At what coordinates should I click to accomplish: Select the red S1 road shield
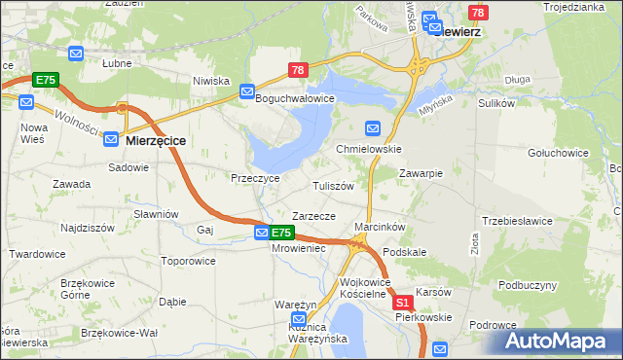404,304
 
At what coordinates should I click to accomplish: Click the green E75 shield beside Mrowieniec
280,234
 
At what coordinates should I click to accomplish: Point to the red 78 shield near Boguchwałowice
298,70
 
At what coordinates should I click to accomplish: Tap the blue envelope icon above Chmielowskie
372,128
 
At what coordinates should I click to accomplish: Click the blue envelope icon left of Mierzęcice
112,140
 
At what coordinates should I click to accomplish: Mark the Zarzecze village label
313,216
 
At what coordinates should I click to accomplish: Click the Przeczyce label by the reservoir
255,178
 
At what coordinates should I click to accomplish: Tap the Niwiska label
210,81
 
